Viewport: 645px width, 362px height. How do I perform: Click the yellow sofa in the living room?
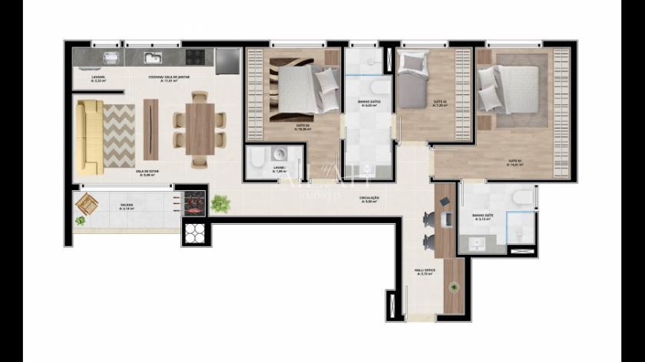pyautogui.click(x=88, y=137)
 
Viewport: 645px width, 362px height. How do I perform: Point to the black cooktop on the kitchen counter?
pyautogui.click(x=195, y=57)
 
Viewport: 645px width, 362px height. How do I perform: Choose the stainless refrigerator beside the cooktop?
pyautogui.click(x=227, y=61)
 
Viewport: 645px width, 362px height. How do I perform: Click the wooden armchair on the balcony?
pyautogui.click(x=87, y=204)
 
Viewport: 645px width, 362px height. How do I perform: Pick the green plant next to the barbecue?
pyautogui.click(x=221, y=203)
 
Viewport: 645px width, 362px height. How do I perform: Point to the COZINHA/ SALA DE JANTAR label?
pyautogui.click(x=170, y=78)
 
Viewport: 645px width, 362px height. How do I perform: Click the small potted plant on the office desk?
pyautogui.click(x=454, y=288)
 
